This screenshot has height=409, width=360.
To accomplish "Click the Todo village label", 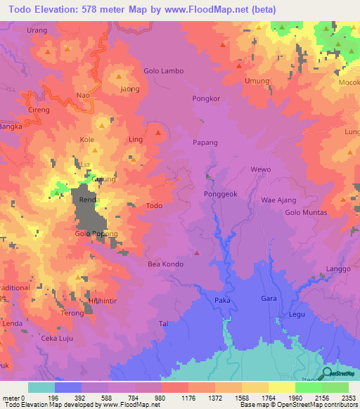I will tap(154, 206).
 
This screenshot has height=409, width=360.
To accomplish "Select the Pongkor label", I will tap(207, 99).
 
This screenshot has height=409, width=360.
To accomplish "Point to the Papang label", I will tap(206, 143).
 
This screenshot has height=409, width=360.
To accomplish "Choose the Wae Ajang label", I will tap(278, 200).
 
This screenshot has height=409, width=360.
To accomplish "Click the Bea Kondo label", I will tap(165, 264).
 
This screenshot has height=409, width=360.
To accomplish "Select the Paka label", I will tap(222, 300).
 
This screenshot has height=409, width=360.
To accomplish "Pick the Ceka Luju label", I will tap(58, 339).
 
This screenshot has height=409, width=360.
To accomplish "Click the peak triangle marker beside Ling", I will tap(159, 134).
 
